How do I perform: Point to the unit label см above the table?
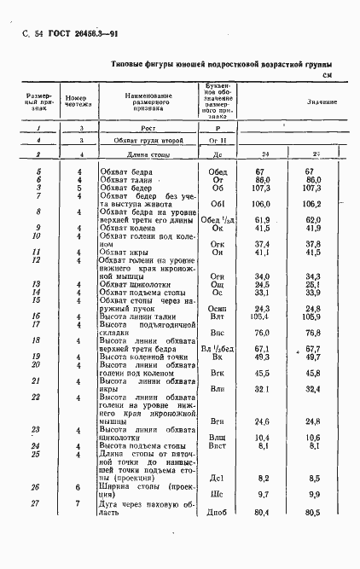tap(327, 77)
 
